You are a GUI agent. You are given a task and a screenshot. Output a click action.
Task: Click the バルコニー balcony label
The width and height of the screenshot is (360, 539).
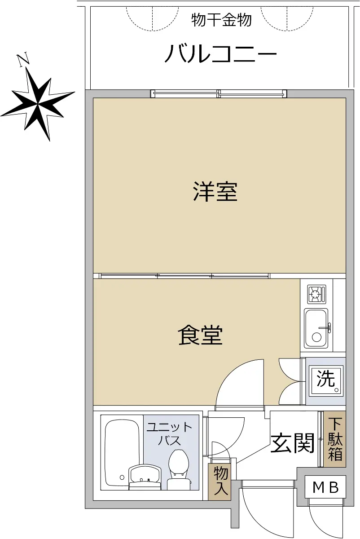[220, 53]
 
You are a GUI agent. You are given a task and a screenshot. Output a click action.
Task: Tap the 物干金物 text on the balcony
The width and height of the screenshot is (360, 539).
[221, 20]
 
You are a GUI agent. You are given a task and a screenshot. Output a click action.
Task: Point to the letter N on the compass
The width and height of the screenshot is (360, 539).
[23, 59]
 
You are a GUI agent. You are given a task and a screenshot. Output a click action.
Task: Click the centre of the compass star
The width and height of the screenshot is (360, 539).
[38, 104]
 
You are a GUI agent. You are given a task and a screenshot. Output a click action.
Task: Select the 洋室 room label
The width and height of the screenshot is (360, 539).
[215, 192]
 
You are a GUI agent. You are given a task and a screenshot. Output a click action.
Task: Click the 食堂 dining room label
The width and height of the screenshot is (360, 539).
[200, 335]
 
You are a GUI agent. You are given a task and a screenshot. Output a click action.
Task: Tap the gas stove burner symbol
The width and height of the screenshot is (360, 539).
[317, 294]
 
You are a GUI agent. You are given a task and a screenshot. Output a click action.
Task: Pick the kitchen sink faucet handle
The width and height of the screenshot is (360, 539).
[325, 327]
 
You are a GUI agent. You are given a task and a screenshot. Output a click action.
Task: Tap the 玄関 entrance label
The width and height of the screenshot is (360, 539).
[292, 443]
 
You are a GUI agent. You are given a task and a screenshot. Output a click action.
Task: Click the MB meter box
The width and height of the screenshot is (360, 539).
[325, 487]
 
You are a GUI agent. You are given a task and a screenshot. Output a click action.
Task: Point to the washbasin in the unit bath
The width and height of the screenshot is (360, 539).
[145, 477]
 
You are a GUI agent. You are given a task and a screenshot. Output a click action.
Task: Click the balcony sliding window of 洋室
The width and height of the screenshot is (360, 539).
[219, 93]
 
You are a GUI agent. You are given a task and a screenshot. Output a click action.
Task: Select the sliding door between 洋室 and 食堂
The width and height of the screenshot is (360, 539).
[184, 276]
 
